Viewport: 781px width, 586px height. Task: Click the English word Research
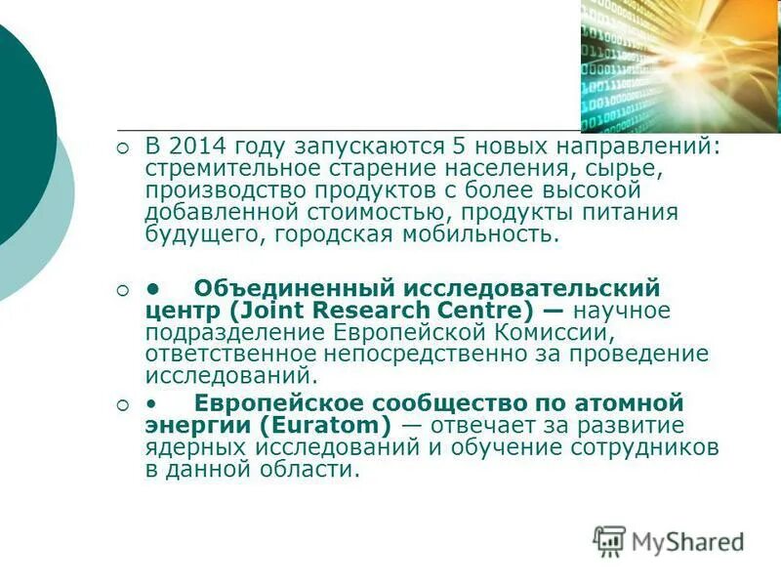(366, 312)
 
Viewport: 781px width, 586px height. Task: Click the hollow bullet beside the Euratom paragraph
(122, 404)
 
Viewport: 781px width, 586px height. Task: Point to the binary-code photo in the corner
(680, 64)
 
